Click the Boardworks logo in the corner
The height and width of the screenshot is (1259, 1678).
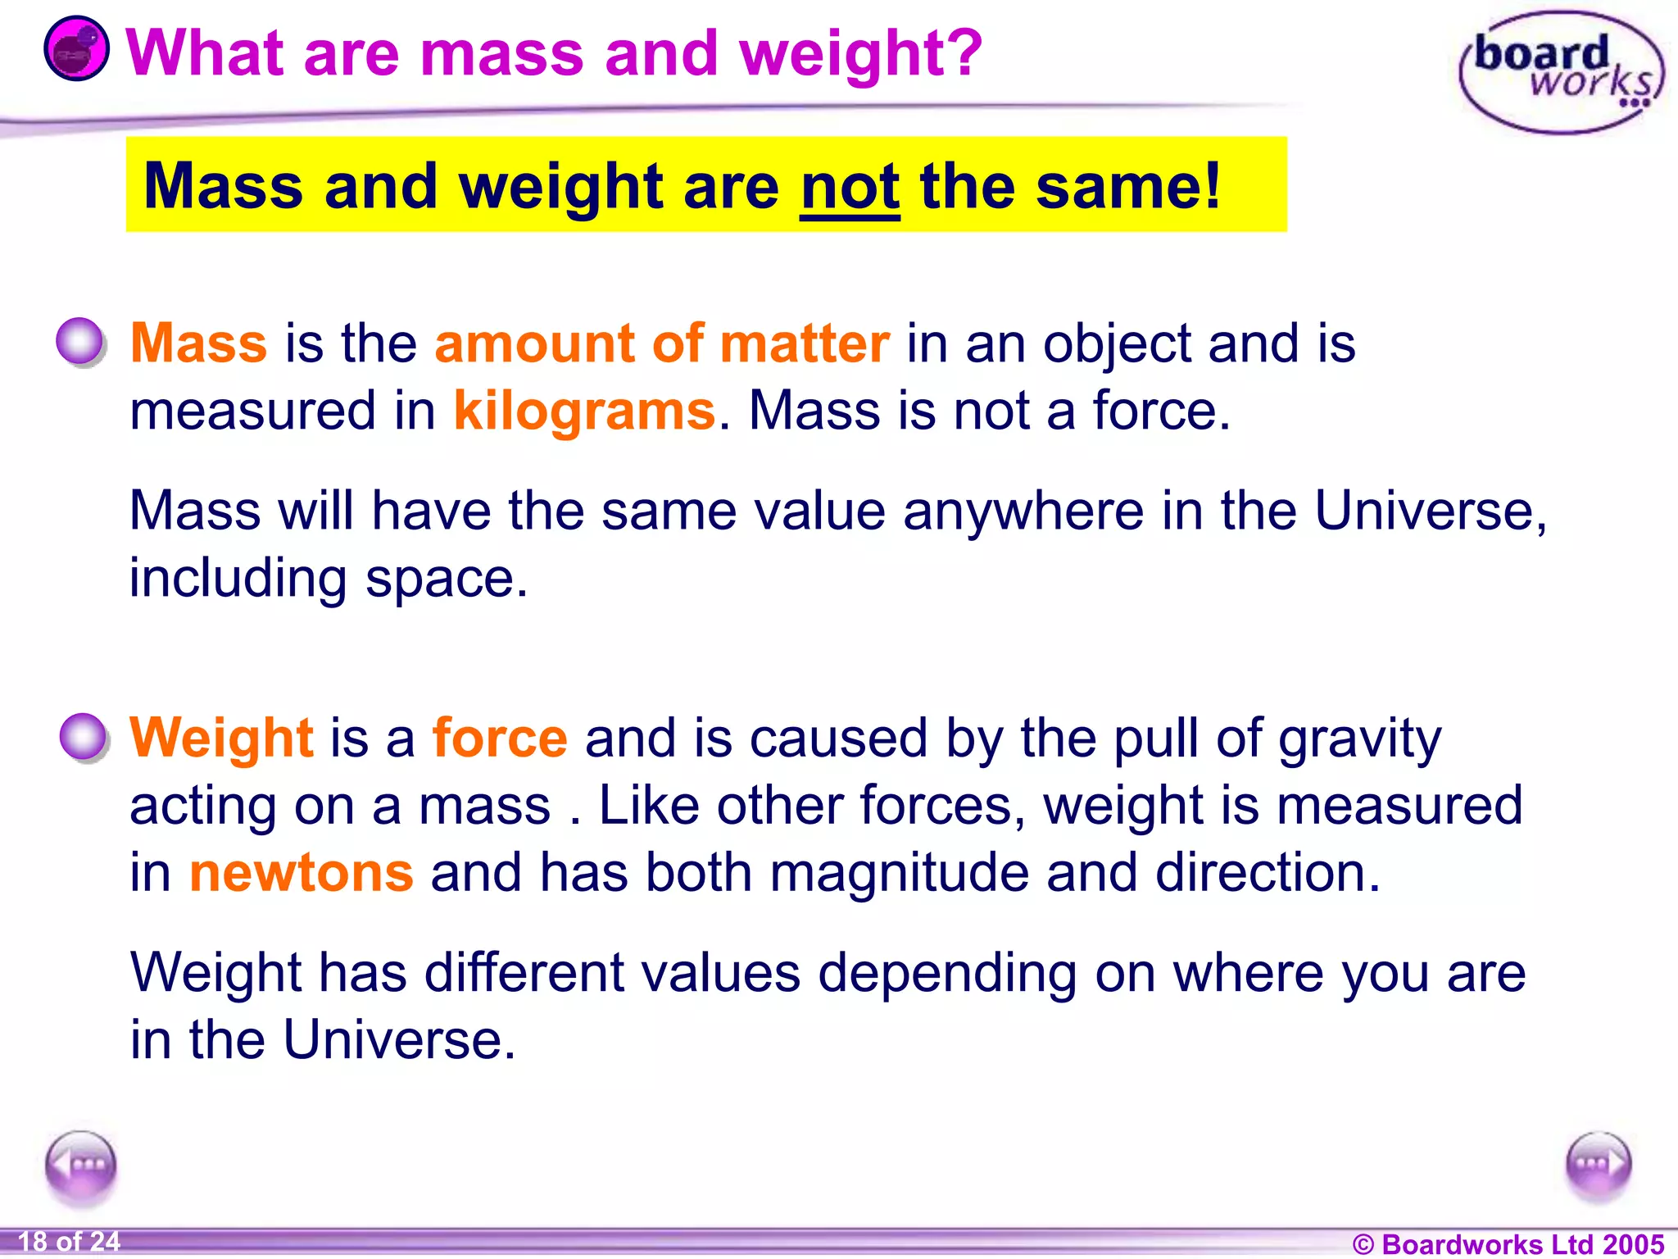pos(1561,72)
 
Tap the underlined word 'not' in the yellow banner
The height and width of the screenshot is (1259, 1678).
pos(850,188)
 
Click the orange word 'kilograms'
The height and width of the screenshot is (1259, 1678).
pos(584,411)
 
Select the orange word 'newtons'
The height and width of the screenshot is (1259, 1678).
pos(301,872)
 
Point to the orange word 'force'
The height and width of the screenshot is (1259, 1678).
pos(500,738)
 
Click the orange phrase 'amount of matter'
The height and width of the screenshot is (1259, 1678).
pos(661,343)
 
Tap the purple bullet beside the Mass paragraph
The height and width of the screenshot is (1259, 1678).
pos(80,341)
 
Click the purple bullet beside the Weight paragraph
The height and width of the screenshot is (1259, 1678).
pos(83,737)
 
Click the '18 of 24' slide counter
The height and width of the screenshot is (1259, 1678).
pos(69,1241)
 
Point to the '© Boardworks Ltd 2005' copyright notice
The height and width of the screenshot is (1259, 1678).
pos(1508,1243)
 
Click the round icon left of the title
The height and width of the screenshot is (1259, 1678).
pos(76,49)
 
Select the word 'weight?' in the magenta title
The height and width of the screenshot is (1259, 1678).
pos(859,54)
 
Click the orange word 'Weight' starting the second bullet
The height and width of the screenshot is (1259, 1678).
pos(221,738)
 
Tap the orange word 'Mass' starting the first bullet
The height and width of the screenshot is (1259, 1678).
pos(198,343)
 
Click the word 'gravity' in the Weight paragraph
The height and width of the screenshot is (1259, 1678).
pos(1359,739)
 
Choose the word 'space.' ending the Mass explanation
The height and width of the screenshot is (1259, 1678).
pos(447,579)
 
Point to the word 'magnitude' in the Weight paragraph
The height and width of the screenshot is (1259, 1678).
pos(899,872)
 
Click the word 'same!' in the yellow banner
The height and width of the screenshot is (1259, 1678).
pos(1128,188)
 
